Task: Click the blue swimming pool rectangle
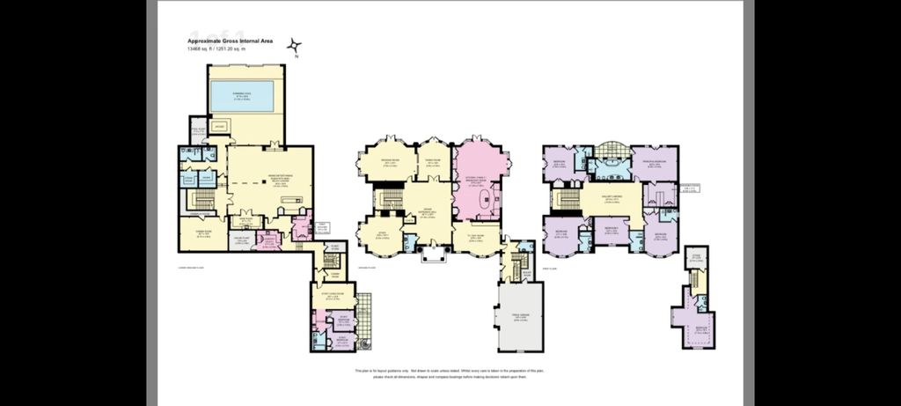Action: click(242, 96)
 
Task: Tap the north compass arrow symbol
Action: click(296, 48)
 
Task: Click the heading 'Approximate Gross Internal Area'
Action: click(231, 41)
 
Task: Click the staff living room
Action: click(332, 298)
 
